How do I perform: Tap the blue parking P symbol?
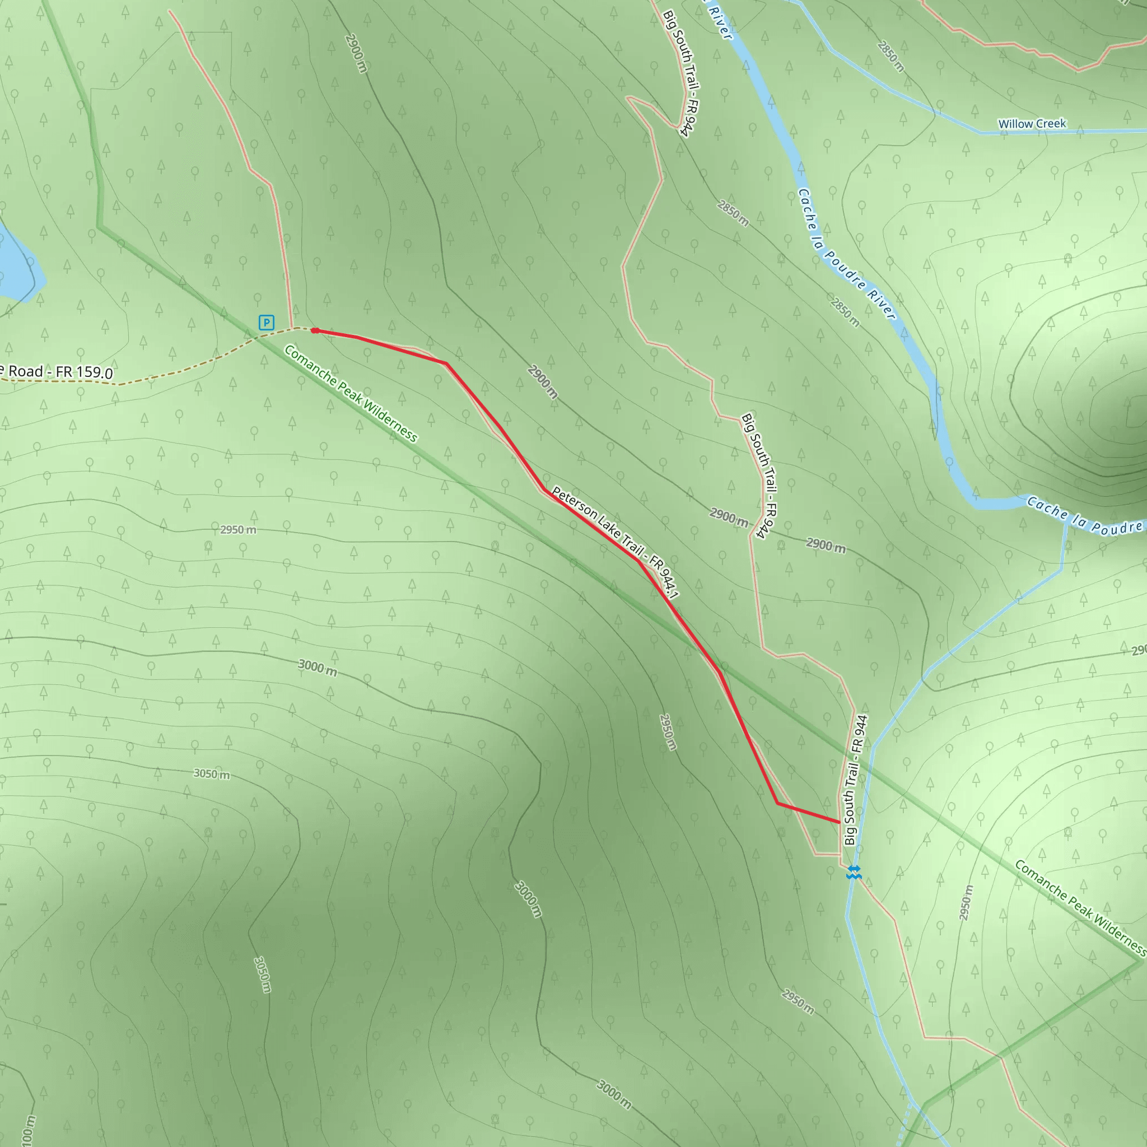click(267, 323)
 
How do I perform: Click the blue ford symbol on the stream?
click(854, 871)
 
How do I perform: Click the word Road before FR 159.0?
click(26, 371)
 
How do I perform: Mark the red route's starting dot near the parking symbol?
click(315, 330)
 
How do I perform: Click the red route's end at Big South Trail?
click(838, 822)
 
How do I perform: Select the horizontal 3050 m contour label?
click(211, 774)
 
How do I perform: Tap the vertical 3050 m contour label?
click(262, 973)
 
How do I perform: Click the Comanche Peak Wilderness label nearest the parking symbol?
click(350, 393)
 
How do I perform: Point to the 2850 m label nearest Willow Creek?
click(890, 57)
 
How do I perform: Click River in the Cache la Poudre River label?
click(881, 302)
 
